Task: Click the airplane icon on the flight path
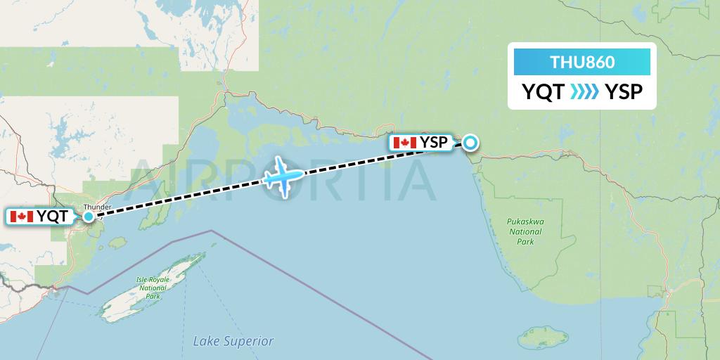tap(284, 175)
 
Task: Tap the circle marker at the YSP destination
tap(469, 143)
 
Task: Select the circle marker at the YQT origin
tap(89, 217)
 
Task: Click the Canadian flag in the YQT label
tap(21, 217)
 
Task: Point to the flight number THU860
tap(582, 63)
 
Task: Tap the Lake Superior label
tap(233, 341)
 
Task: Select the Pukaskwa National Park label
tap(525, 231)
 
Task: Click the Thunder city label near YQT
tap(96, 207)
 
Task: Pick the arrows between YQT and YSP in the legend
tap(583, 92)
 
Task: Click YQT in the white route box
tap(543, 92)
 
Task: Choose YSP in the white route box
tap(624, 92)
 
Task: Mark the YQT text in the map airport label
tap(53, 217)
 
